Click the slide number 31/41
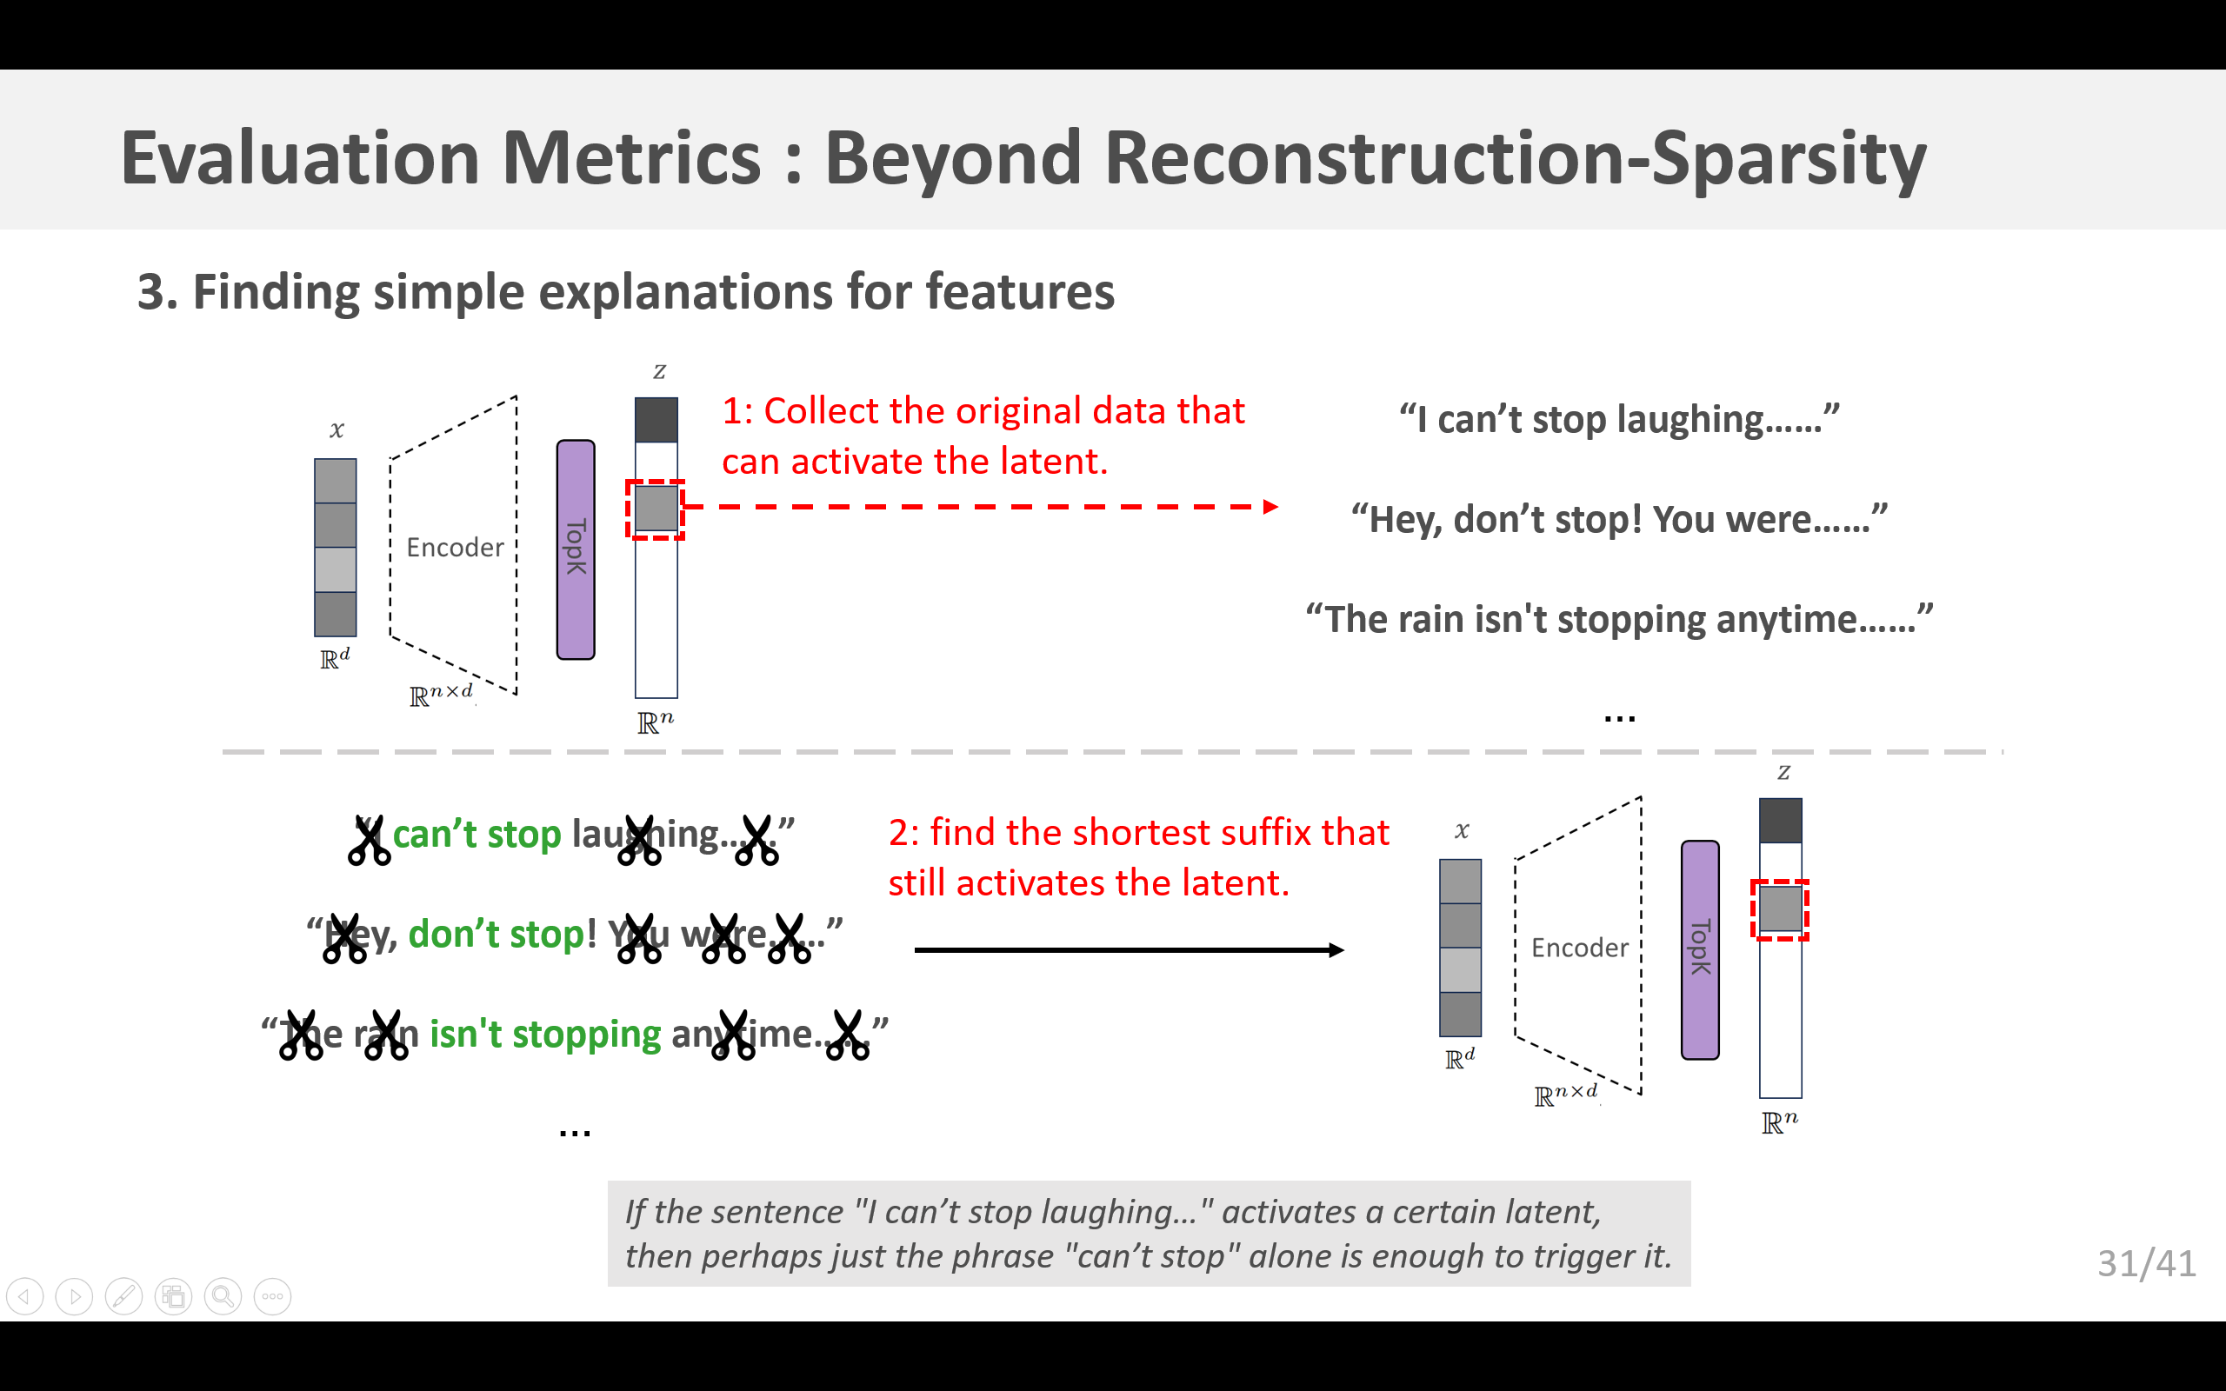click(2146, 1264)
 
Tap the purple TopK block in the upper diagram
click(576, 549)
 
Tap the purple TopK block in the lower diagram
click(1700, 949)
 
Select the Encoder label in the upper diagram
click(456, 548)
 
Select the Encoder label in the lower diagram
click(1579, 948)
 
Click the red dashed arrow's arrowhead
click(1270, 507)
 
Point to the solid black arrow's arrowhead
click(1336, 950)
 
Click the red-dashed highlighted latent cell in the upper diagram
click(656, 509)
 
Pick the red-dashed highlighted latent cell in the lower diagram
click(1780, 909)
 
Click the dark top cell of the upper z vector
click(656, 420)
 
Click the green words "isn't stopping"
click(544, 1034)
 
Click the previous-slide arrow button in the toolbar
click(25, 1296)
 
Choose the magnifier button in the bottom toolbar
click(223, 1296)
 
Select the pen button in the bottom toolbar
click(123, 1296)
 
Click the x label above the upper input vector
click(337, 429)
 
